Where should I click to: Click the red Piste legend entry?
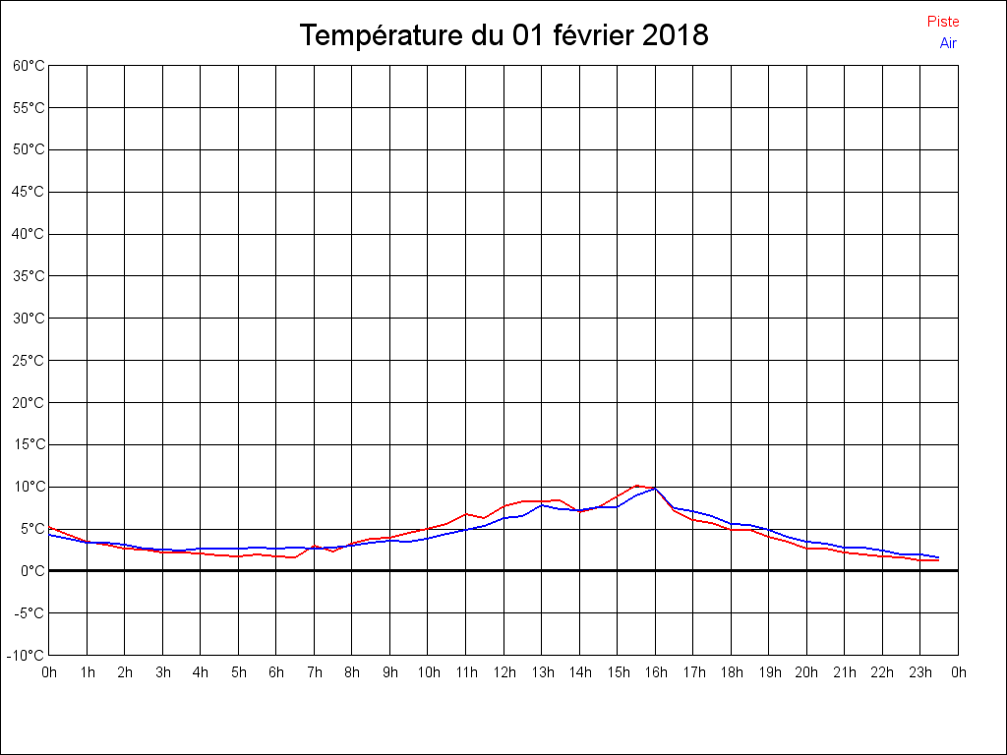tap(943, 22)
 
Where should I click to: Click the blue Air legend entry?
tap(948, 42)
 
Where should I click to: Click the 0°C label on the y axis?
tap(32, 570)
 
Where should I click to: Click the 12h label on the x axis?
tap(503, 672)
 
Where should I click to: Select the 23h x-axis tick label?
tap(920, 672)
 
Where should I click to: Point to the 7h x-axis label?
tap(315, 672)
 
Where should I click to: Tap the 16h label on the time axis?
tap(655, 672)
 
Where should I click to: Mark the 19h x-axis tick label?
tap(769, 672)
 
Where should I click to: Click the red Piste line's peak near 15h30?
tap(636, 486)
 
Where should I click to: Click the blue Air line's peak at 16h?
tap(655, 488)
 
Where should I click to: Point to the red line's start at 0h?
tap(50, 527)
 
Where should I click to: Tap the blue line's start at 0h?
tap(50, 535)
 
